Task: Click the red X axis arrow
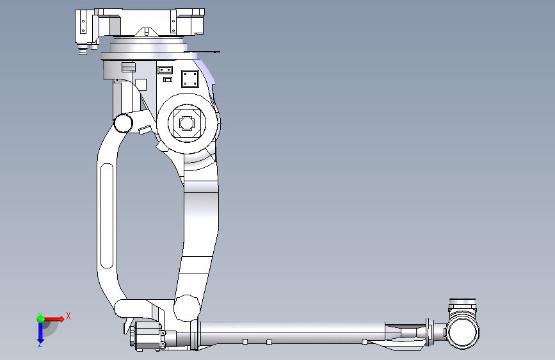pos(54,319)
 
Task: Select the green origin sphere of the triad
pos(41,319)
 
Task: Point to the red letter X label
pos(68,316)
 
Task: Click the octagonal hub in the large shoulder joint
pos(187,123)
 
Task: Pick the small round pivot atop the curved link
pos(123,123)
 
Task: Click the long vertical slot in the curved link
pos(107,215)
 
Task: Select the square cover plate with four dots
pos(190,79)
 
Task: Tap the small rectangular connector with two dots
pos(165,70)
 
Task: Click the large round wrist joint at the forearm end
pos(463,332)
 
